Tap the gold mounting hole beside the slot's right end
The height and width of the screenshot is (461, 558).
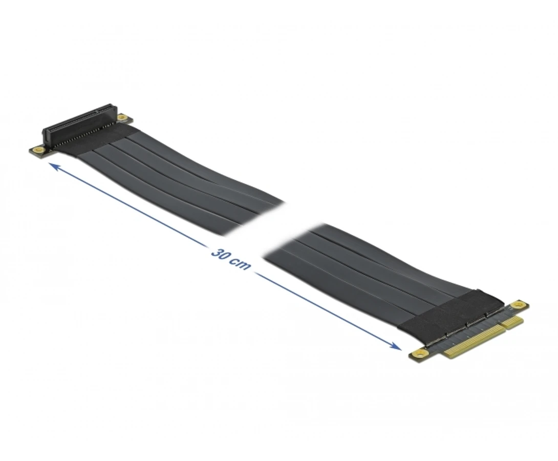click(122, 117)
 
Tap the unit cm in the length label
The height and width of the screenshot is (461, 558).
click(241, 264)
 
